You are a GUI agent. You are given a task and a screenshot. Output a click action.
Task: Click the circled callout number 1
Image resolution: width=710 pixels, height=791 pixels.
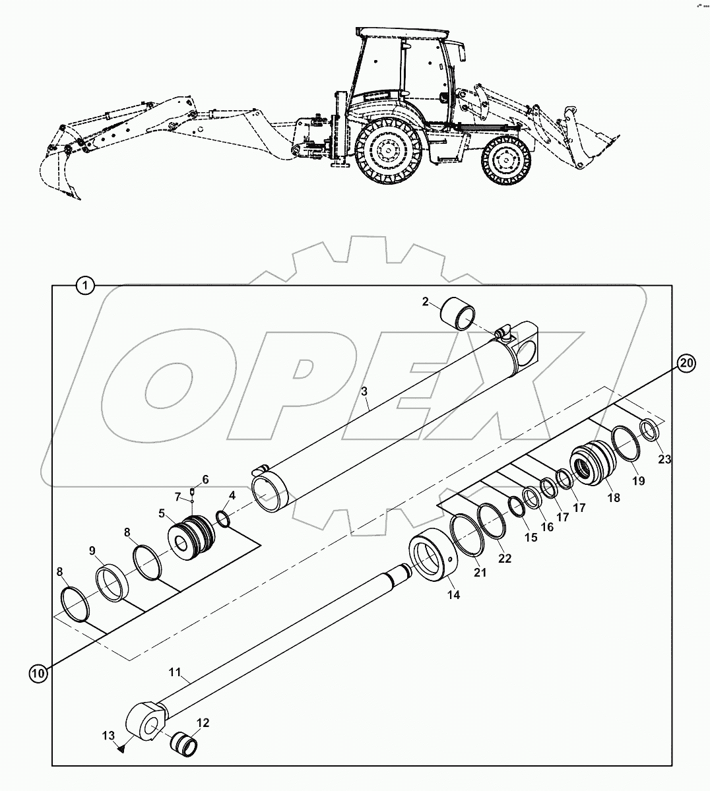pos(86,286)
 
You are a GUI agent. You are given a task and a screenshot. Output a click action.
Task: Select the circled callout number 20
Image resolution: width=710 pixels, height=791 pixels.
pos(686,362)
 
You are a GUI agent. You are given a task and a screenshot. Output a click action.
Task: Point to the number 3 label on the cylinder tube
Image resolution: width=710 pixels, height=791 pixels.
pos(364,391)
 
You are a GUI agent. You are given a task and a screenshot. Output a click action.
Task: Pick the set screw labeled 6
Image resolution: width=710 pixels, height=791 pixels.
pos(191,490)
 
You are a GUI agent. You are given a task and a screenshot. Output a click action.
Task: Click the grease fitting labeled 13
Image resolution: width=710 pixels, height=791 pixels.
pos(121,748)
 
